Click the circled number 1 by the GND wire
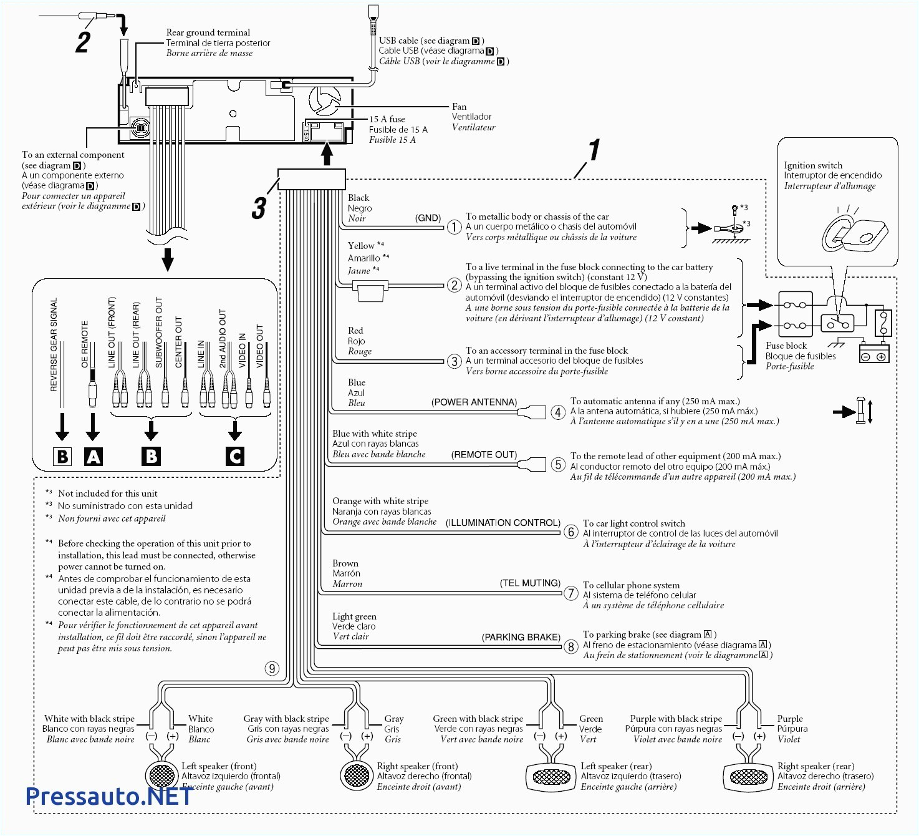[x=454, y=227]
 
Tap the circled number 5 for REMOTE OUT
[x=558, y=465]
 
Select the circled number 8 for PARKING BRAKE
[x=570, y=646]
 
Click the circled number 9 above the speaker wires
[x=272, y=669]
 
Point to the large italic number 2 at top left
[x=84, y=42]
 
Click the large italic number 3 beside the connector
[x=259, y=208]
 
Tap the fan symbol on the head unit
[x=325, y=100]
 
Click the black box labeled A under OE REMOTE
[x=93, y=457]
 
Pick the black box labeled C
[x=235, y=457]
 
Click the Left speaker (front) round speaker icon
[x=162, y=775]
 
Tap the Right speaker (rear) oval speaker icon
[x=748, y=777]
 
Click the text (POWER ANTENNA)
[x=474, y=402]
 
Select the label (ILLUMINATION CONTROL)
[x=503, y=523]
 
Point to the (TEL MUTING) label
[x=530, y=583]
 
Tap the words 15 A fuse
[x=387, y=119]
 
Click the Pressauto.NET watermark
[x=109, y=796]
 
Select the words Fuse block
[x=786, y=346]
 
